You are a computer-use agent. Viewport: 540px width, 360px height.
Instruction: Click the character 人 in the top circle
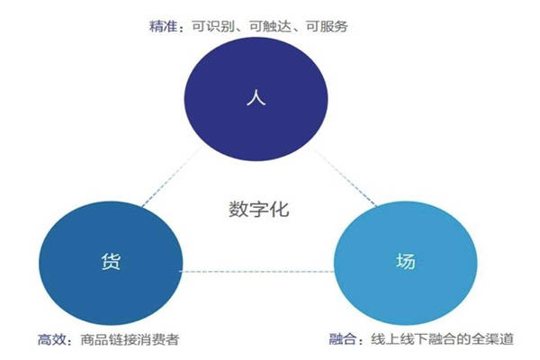click(256, 97)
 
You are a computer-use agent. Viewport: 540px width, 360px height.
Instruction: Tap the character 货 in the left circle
click(111, 261)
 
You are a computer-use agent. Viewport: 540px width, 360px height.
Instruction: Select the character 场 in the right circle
click(406, 261)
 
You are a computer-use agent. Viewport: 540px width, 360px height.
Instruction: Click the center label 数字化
click(258, 209)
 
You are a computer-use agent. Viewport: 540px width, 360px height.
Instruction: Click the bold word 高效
click(51, 339)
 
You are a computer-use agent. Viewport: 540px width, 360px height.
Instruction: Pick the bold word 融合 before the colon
click(343, 339)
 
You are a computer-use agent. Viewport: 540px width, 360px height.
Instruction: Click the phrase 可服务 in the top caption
click(327, 26)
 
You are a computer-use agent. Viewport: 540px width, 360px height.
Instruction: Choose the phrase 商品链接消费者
click(130, 339)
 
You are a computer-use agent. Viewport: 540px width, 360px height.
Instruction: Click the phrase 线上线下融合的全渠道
click(442, 339)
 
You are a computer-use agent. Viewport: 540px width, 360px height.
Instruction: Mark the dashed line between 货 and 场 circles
click(256, 272)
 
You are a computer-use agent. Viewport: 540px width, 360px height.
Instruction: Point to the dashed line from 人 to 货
click(172, 176)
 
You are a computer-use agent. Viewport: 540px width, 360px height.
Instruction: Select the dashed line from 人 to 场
click(344, 176)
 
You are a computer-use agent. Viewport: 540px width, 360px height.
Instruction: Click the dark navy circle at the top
click(256, 99)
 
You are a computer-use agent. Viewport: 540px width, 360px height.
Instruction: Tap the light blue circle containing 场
click(406, 263)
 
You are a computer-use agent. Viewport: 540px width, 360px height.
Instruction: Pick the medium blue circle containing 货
click(111, 263)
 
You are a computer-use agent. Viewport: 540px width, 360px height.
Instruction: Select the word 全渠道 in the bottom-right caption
click(492, 339)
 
